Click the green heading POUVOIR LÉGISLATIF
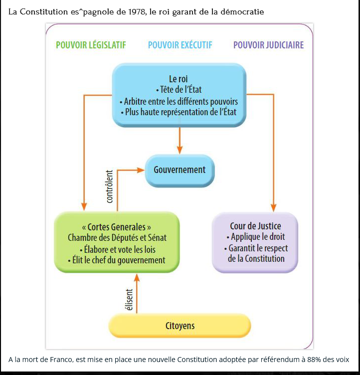[91, 45]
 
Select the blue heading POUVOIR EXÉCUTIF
[180, 45]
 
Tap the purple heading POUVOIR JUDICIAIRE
[268, 45]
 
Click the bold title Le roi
[179, 79]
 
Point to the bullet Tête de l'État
[179, 90]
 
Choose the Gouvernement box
[180, 170]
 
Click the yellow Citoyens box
[180, 327]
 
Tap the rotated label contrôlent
[110, 187]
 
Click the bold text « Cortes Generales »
[116, 227]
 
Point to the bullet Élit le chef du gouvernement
[116, 260]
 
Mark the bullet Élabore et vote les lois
[116, 249]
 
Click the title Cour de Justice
[255, 226]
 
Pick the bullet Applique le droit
[255, 237]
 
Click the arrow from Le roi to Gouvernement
[180, 140]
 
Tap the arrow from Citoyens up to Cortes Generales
[137, 294]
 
